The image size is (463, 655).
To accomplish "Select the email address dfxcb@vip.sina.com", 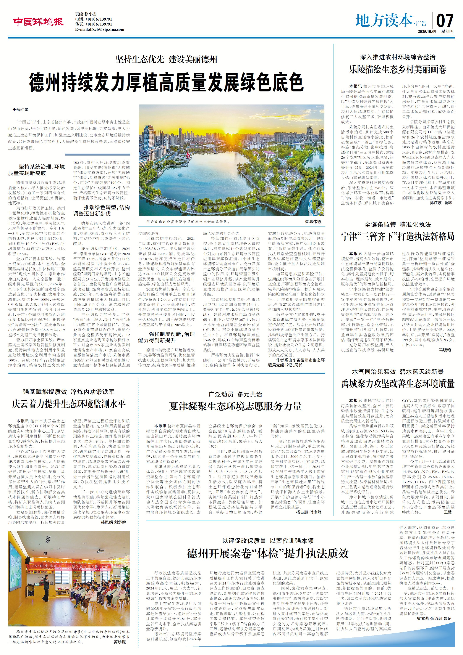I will pyautogui.click(x=100, y=29).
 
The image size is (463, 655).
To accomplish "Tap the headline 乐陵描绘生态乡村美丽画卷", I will pyautogui.click(x=398, y=69).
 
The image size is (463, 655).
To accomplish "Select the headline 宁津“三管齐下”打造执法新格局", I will pyautogui.click(x=398, y=236).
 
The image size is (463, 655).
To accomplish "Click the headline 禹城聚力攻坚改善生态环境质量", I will pyautogui.click(x=398, y=384).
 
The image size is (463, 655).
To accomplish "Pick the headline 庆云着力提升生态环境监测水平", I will pyautogui.click(x=69, y=404).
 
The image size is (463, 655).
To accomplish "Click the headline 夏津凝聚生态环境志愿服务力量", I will pyautogui.click(x=235, y=406).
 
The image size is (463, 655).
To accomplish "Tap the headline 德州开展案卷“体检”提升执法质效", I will pyautogui.click(x=268, y=554).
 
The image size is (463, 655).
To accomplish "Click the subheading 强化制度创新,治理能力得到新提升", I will pyautogui.click(x=166, y=337).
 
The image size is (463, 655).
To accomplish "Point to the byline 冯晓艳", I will pyautogui.click(x=445, y=350).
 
